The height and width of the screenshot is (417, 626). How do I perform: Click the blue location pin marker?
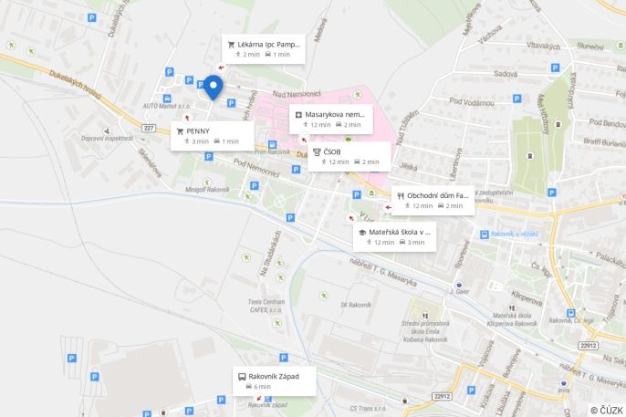pos(213,87)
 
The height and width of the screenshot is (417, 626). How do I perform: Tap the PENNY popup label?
pos(212,135)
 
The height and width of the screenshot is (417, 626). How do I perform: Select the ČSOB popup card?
pos(349,156)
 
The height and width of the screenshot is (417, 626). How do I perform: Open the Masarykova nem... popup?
pos(331,119)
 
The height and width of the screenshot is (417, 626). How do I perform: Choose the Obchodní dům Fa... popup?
pos(433,200)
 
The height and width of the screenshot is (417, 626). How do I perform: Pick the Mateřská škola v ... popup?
pos(393,237)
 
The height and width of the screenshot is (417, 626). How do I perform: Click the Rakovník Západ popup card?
pos(273,381)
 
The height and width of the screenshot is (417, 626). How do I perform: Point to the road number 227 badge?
pos(149,128)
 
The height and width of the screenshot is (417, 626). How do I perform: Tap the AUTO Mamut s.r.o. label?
pos(162,107)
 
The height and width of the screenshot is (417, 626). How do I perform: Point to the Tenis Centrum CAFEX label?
pos(266,305)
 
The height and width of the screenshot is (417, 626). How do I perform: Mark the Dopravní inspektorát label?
pos(107,138)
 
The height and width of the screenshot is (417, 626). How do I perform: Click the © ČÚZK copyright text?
pos(606,410)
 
